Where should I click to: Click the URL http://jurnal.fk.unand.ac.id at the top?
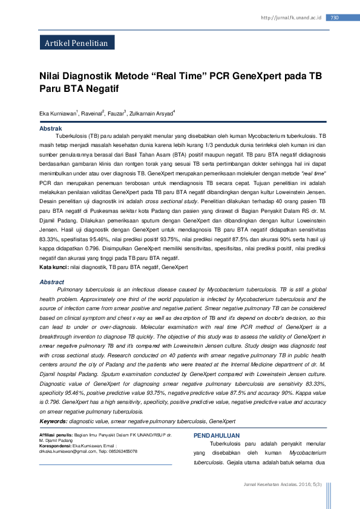(290, 18)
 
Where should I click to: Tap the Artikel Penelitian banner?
(76, 44)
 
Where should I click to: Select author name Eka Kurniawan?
(57, 113)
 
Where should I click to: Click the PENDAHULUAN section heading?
(216, 436)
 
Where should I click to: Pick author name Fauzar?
(117, 113)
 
